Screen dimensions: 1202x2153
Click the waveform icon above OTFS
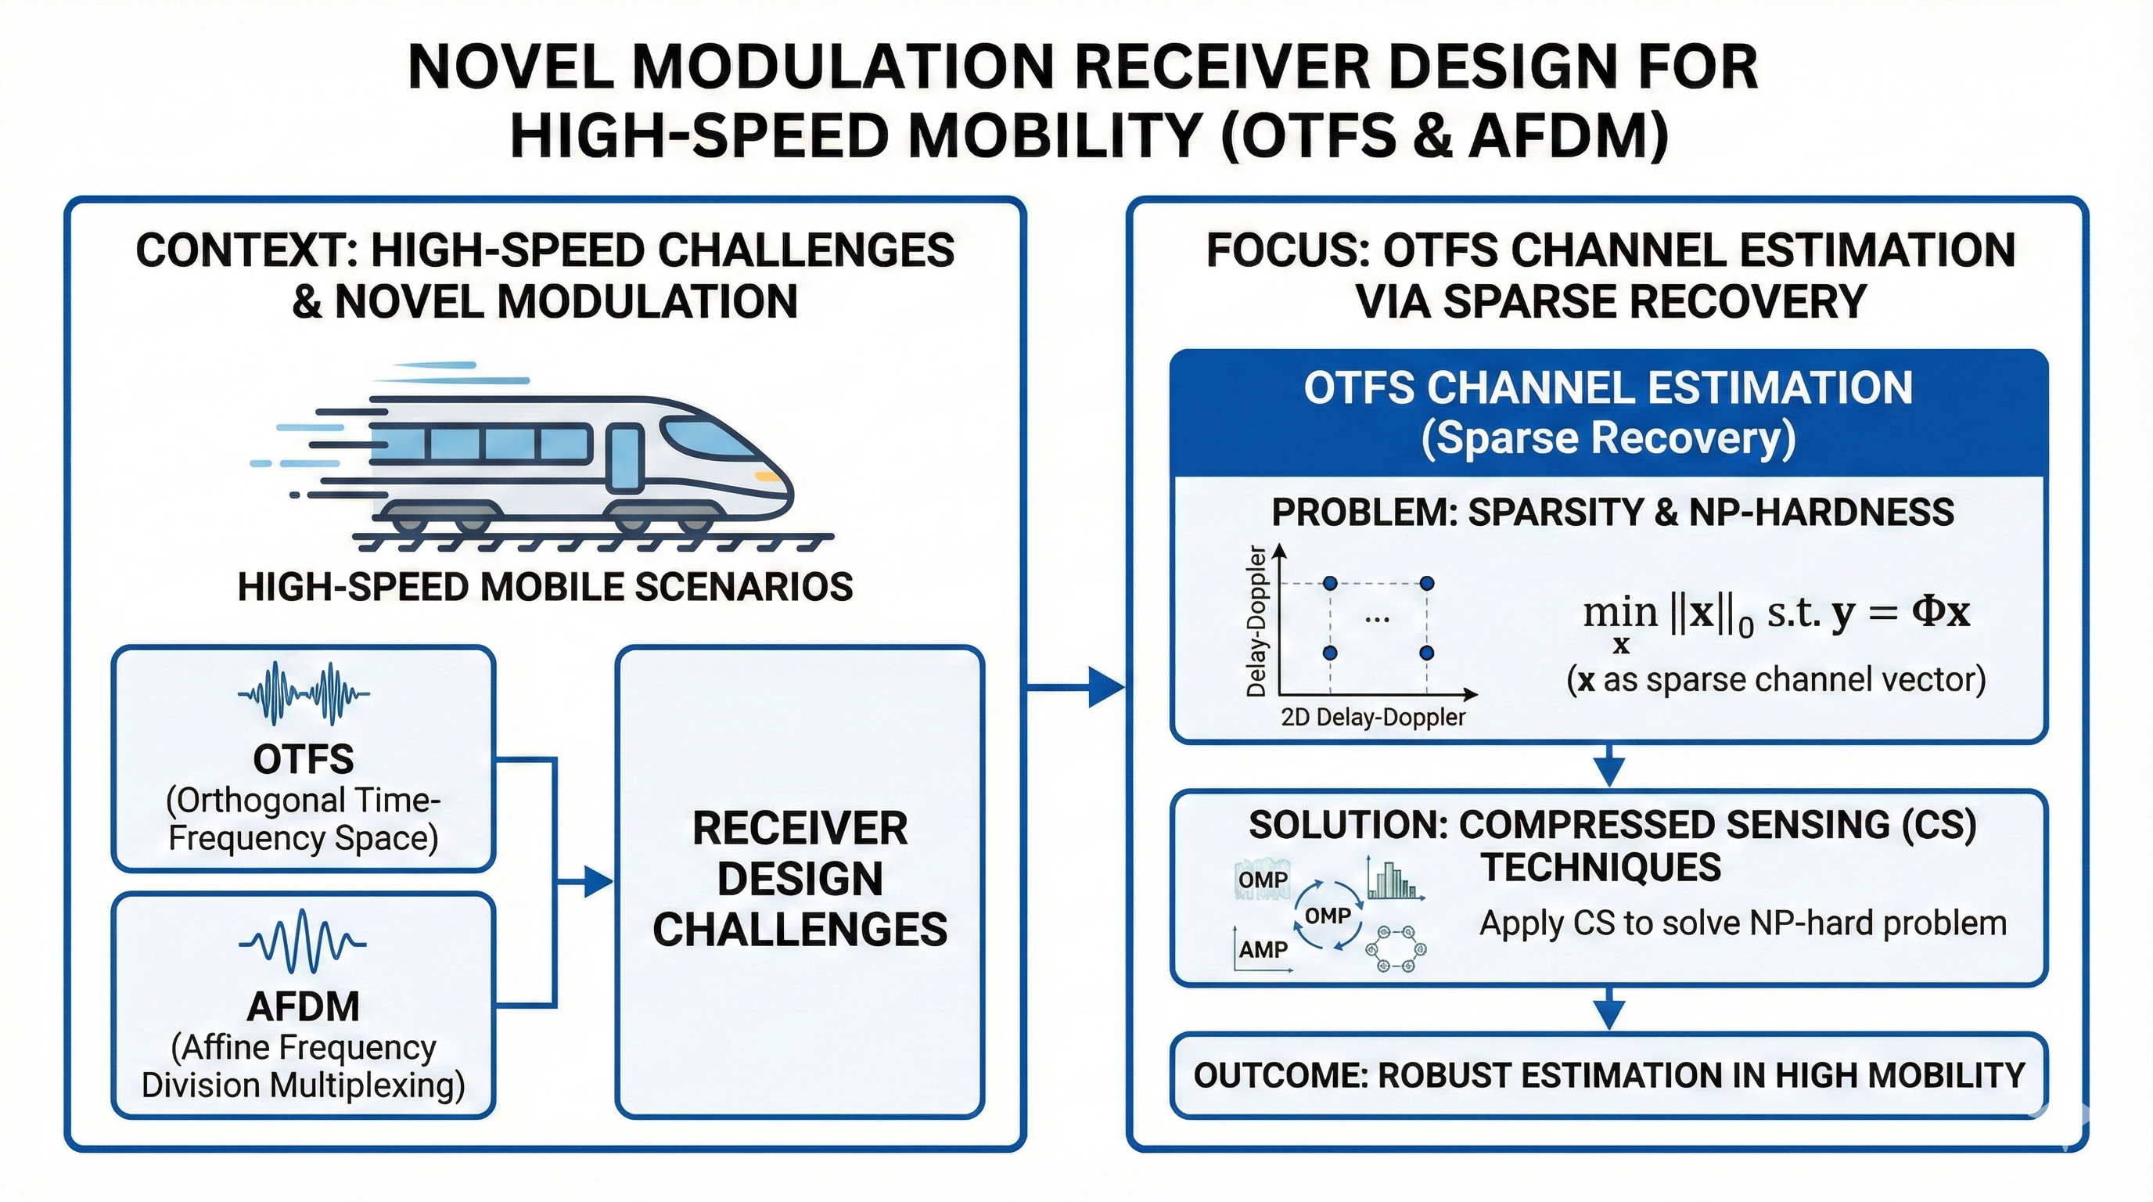tap(304, 693)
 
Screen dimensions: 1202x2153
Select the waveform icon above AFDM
tap(303, 942)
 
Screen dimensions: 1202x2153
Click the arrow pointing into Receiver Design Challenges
tap(595, 881)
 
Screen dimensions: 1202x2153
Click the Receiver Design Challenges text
tap(800, 879)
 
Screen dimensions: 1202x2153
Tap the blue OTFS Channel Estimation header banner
tap(1608, 413)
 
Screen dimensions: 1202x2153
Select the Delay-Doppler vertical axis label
tap(1256, 621)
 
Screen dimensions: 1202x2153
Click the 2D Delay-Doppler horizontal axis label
tap(1373, 717)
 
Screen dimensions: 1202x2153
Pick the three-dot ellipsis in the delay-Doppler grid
tap(1377, 619)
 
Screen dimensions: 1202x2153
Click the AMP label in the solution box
tap(1263, 949)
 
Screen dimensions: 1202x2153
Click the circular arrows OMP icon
tap(1327, 916)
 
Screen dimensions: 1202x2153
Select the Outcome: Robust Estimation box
tap(1608, 1075)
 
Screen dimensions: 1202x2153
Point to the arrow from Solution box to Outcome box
tap(1609, 1009)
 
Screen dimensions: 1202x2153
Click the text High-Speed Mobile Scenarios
tap(545, 587)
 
